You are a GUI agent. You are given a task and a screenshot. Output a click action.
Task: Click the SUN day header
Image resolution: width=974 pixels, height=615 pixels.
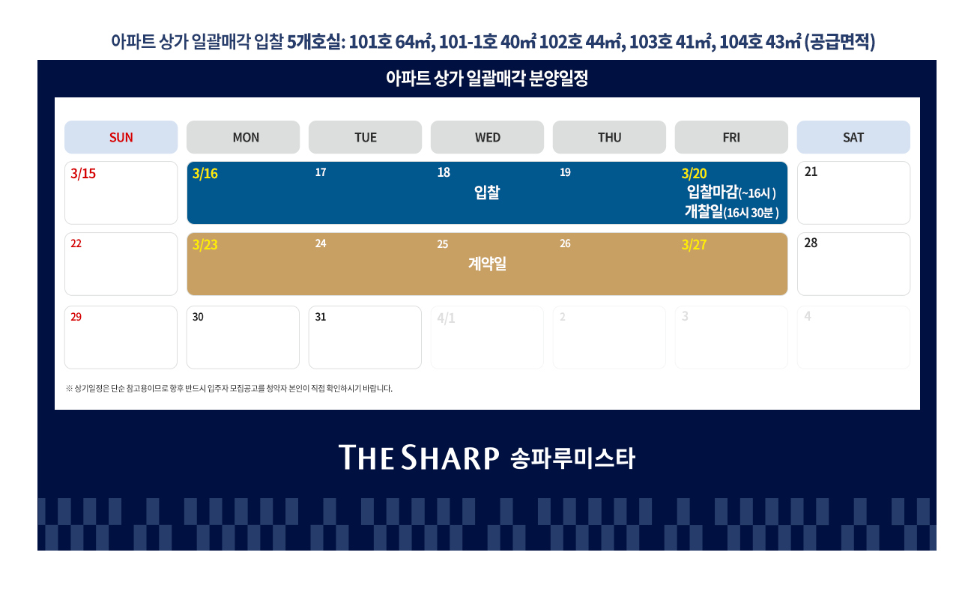point(121,137)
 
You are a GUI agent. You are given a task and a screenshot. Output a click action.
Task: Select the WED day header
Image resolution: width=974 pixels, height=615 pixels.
point(487,137)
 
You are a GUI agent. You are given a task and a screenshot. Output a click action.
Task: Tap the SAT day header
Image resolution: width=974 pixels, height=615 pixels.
point(853,137)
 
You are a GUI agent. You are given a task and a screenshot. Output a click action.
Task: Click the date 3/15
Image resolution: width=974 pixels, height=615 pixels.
point(83,174)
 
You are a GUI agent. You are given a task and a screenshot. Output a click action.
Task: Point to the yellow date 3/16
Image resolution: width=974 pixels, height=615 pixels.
point(205,174)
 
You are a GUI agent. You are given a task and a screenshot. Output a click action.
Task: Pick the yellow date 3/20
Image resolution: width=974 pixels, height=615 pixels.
point(694,174)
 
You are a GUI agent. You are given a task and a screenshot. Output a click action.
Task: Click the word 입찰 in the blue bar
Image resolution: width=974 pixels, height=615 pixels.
point(487,192)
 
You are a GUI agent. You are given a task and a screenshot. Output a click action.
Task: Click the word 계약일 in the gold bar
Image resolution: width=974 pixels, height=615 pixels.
point(487,264)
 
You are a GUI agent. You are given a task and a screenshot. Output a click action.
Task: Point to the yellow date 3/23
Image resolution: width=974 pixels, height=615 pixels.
point(205,245)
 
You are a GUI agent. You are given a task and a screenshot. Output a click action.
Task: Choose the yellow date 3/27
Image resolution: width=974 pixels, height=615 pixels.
point(694,245)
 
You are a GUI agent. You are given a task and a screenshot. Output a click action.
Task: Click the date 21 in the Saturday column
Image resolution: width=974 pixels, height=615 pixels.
point(811,172)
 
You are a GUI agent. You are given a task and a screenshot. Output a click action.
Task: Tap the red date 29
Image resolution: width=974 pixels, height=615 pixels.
point(76,317)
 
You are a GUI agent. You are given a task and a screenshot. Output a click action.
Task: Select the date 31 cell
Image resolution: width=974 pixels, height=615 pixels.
point(365,337)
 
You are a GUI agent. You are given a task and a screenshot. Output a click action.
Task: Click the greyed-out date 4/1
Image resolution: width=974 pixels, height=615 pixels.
point(446,318)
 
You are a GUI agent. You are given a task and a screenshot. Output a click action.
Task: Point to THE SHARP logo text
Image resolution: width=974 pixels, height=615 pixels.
point(419,457)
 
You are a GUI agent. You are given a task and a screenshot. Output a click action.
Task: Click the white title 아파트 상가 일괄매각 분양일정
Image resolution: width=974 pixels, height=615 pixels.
point(487,79)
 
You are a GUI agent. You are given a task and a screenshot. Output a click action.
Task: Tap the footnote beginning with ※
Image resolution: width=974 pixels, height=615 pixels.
point(229,388)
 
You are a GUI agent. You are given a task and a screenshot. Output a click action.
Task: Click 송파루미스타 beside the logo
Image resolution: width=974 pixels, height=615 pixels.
point(572,458)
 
